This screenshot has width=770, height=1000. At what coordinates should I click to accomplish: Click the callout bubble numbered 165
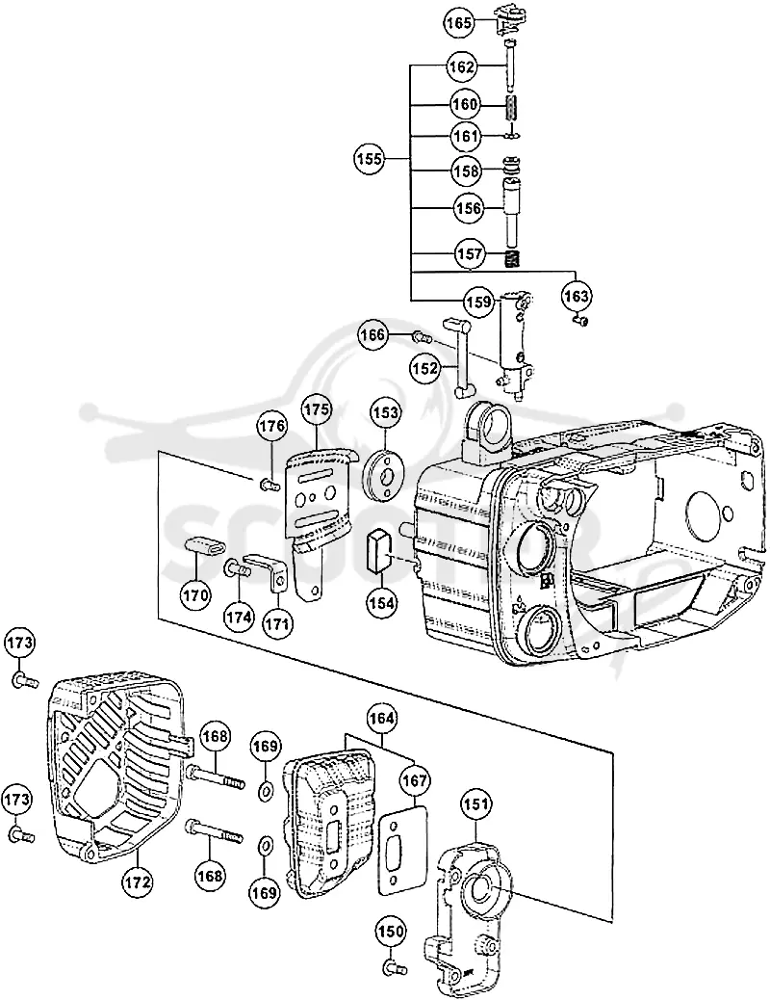(x=459, y=23)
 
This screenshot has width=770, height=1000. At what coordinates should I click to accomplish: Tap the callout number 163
(x=577, y=296)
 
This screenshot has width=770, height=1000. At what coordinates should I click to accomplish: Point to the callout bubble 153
(x=386, y=412)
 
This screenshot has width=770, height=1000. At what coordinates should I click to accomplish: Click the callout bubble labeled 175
(x=317, y=409)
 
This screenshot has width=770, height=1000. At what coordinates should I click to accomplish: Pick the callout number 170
(x=195, y=595)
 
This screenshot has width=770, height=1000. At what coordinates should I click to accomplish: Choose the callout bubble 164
(x=382, y=719)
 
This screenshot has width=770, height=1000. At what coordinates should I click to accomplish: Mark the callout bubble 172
(x=138, y=882)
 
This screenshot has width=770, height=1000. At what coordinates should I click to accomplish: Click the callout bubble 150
(x=391, y=932)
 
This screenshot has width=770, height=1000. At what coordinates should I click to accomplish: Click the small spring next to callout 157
(x=514, y=259)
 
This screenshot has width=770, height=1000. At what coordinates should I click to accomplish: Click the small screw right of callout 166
(x=422, y=335)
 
